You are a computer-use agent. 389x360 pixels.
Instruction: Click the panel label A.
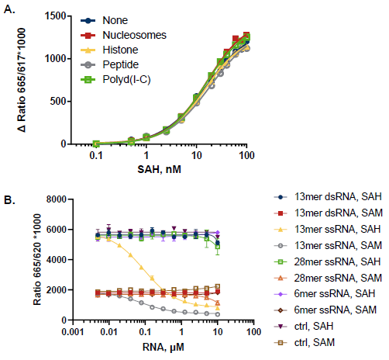[8, 8]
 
